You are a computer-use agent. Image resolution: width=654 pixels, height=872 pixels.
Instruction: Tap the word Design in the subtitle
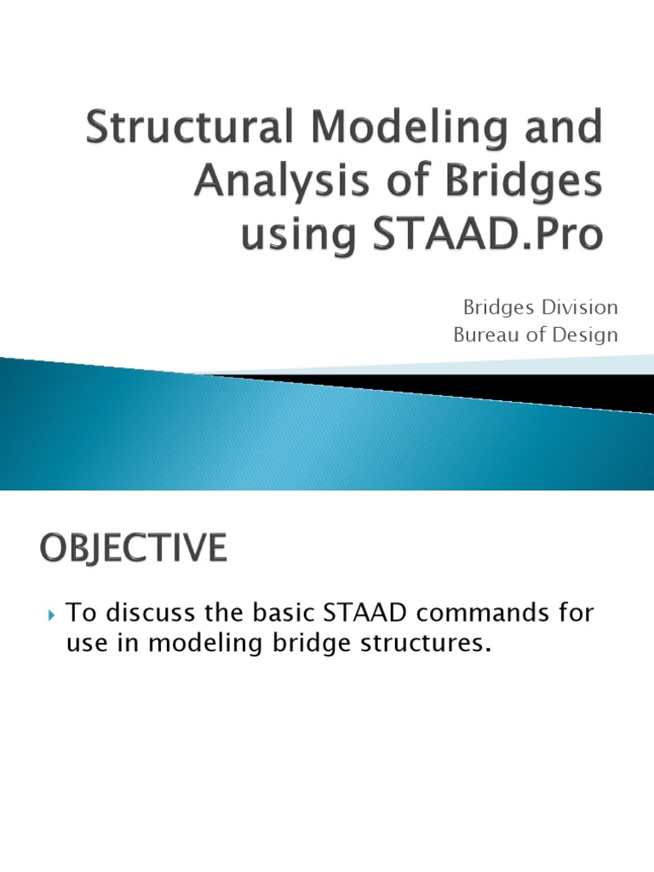coord(583,335)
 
